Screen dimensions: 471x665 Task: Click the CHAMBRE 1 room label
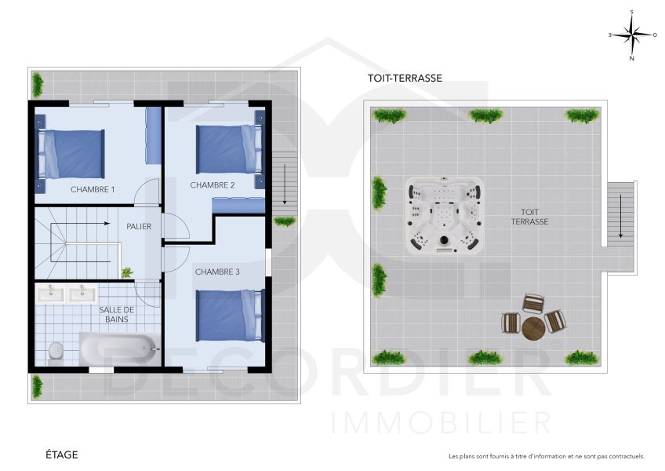[x=93, y=189]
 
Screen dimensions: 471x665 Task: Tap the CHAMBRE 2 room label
[x=213, y=185]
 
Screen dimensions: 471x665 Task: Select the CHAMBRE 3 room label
[x=217, y=272]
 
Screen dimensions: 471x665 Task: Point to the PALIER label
[x=139, y=226]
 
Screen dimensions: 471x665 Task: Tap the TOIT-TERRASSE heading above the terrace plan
[x=405, y=78]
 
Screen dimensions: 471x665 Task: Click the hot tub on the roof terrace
[x=444, y=215]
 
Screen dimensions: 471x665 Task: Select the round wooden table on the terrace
[x=533, y=327]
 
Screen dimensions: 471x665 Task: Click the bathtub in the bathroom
[x=118, y=346]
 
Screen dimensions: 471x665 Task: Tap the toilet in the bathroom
[x=56, y=350]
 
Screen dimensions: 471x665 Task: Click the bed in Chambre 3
[x=230, y=316]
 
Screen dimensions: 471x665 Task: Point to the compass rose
[x=632, y=35]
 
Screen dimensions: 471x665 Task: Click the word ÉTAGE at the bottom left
[x=61, y=455]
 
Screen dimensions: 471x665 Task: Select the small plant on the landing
[x=126, y=272]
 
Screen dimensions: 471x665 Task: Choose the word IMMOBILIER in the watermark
[x=442, y=422]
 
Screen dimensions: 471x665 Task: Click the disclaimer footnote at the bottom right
[x=546, y=456]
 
